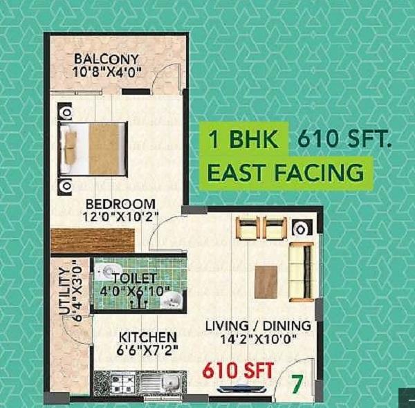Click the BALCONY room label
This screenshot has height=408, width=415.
click(107, 58)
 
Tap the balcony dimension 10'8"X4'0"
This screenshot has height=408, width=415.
click(107, 71)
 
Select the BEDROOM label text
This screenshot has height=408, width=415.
click(120, 204)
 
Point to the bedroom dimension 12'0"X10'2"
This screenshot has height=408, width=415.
click(120, 217)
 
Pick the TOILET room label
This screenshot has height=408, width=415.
click(133, 278)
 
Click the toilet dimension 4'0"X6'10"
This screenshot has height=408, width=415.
click(136, 291)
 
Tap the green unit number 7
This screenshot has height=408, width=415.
click(296, 382)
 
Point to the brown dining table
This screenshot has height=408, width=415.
click(266, 281)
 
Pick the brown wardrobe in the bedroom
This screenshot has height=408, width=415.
click(93, 240)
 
